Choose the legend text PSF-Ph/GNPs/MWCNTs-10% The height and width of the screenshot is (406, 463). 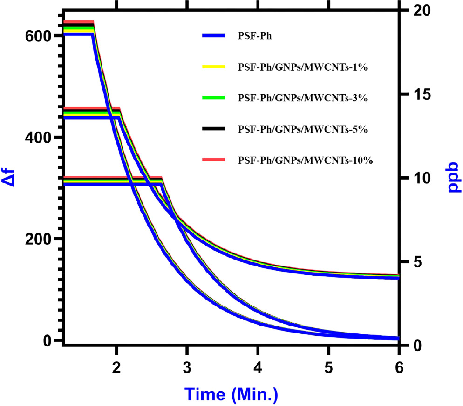tap(306, 160)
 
